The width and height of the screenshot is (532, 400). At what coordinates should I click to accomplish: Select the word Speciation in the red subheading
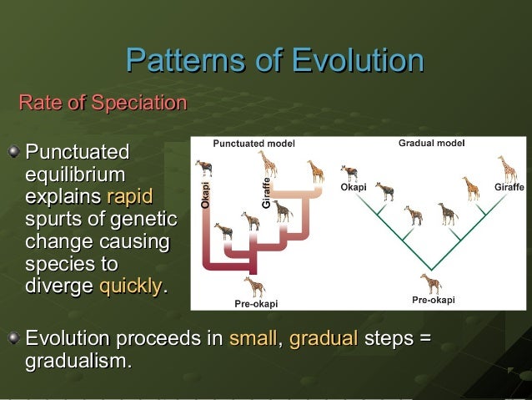139,104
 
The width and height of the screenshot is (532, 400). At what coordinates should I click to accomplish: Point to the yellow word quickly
131,286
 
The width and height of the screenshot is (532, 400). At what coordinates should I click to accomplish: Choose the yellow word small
253,339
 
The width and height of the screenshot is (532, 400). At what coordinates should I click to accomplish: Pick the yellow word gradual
324,339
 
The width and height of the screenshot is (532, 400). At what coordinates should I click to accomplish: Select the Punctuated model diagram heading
253,144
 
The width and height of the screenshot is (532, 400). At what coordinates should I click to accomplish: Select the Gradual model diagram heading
431,143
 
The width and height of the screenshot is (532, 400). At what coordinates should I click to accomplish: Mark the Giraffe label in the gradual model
509,187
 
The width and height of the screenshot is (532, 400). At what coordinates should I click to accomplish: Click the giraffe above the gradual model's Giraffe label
507,168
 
